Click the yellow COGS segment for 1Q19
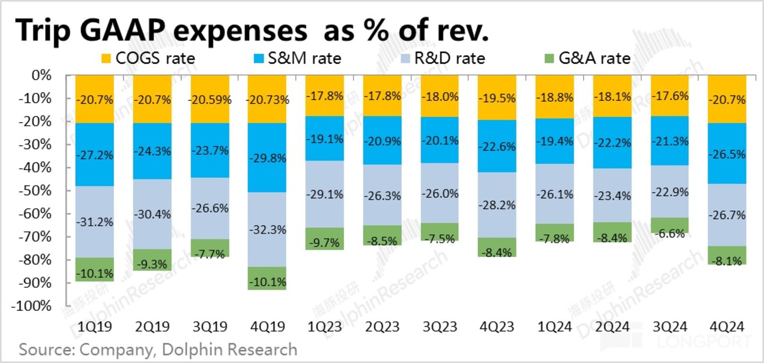[x=95, y=99]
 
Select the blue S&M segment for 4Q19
[x=267, y=158]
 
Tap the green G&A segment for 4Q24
[x=727, y=255]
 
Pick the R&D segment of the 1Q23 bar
[x=324, y=194]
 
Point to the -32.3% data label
[x=267, y=230]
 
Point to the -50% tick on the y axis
[x=38, y=191]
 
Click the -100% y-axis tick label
[x=35, y=306]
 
